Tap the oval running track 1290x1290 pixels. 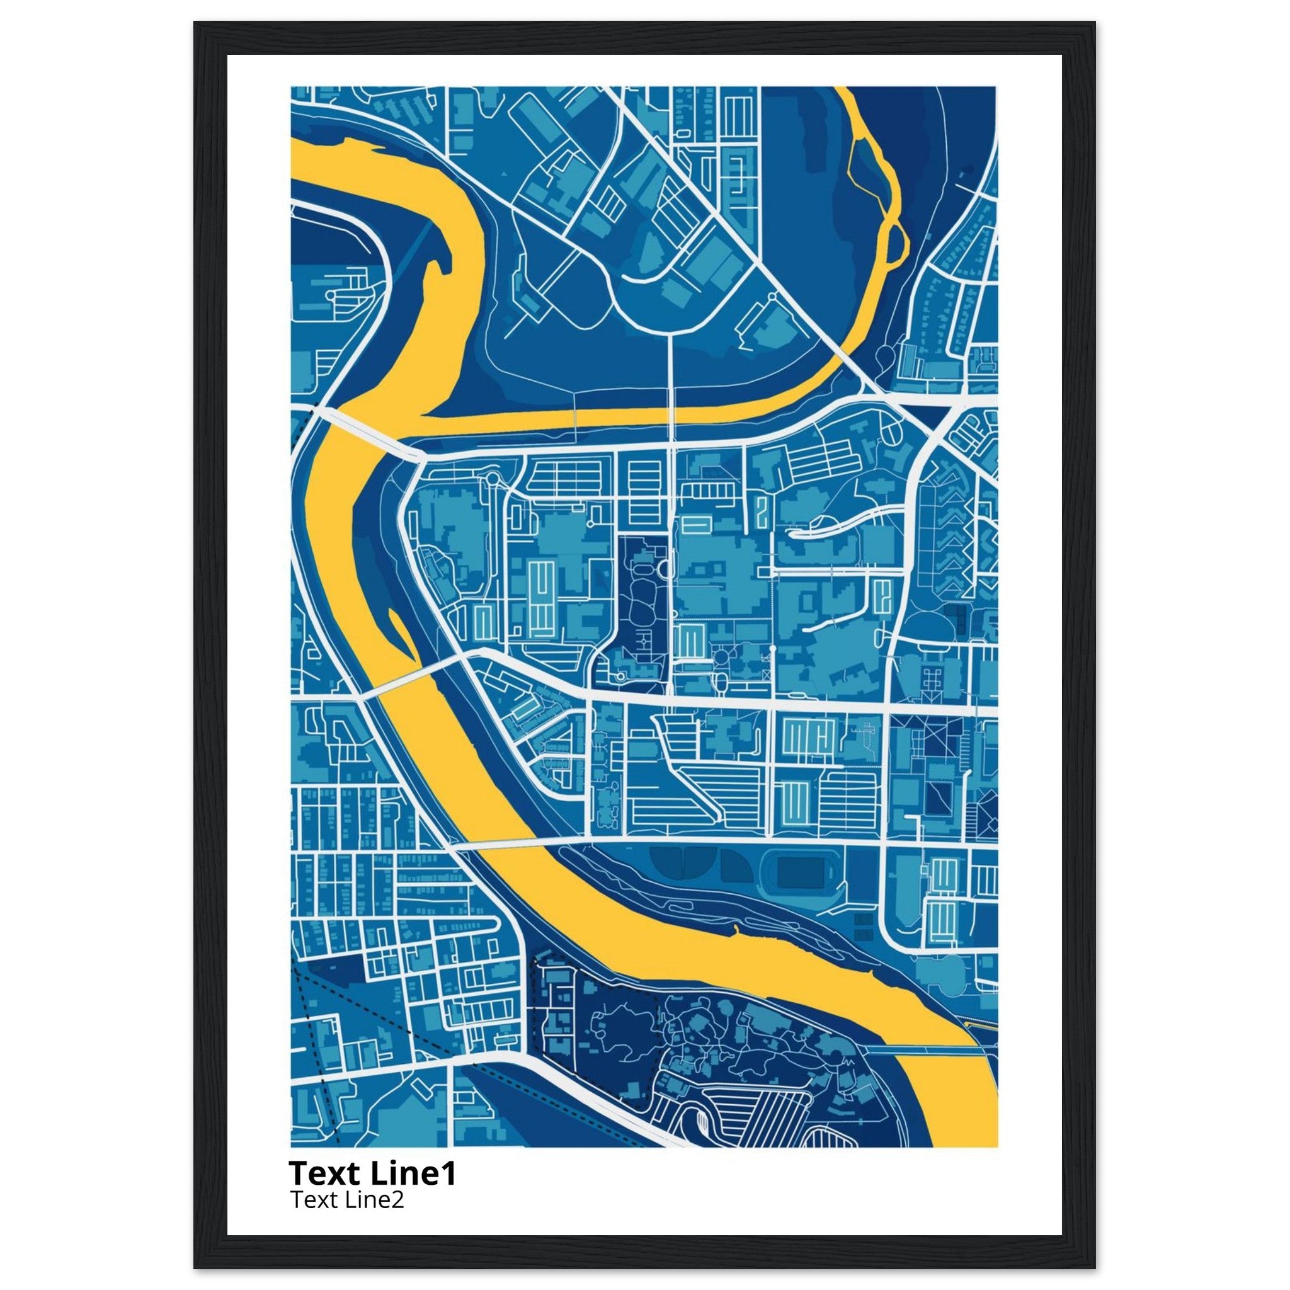point(802,872)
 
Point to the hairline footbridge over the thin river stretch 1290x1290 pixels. point(575,418)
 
